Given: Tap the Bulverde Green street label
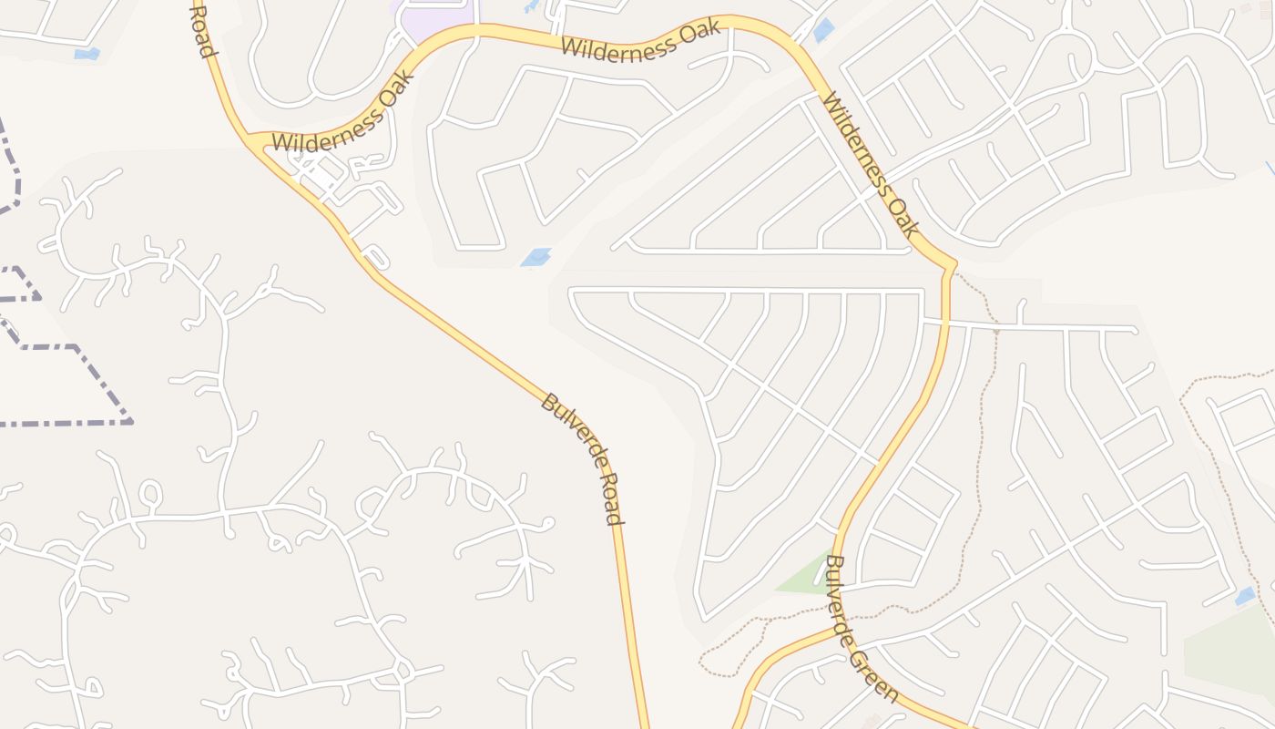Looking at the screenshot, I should click(861, 628).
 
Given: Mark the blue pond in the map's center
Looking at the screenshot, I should click(535, 258).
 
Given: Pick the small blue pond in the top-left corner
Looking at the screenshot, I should click(87, 54).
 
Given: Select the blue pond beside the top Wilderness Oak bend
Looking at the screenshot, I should click(823, 30).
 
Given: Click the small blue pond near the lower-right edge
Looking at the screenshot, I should click(1244, 597).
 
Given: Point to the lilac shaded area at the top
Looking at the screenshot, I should click(433, 17).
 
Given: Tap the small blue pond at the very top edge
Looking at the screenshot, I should click(531, 6).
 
